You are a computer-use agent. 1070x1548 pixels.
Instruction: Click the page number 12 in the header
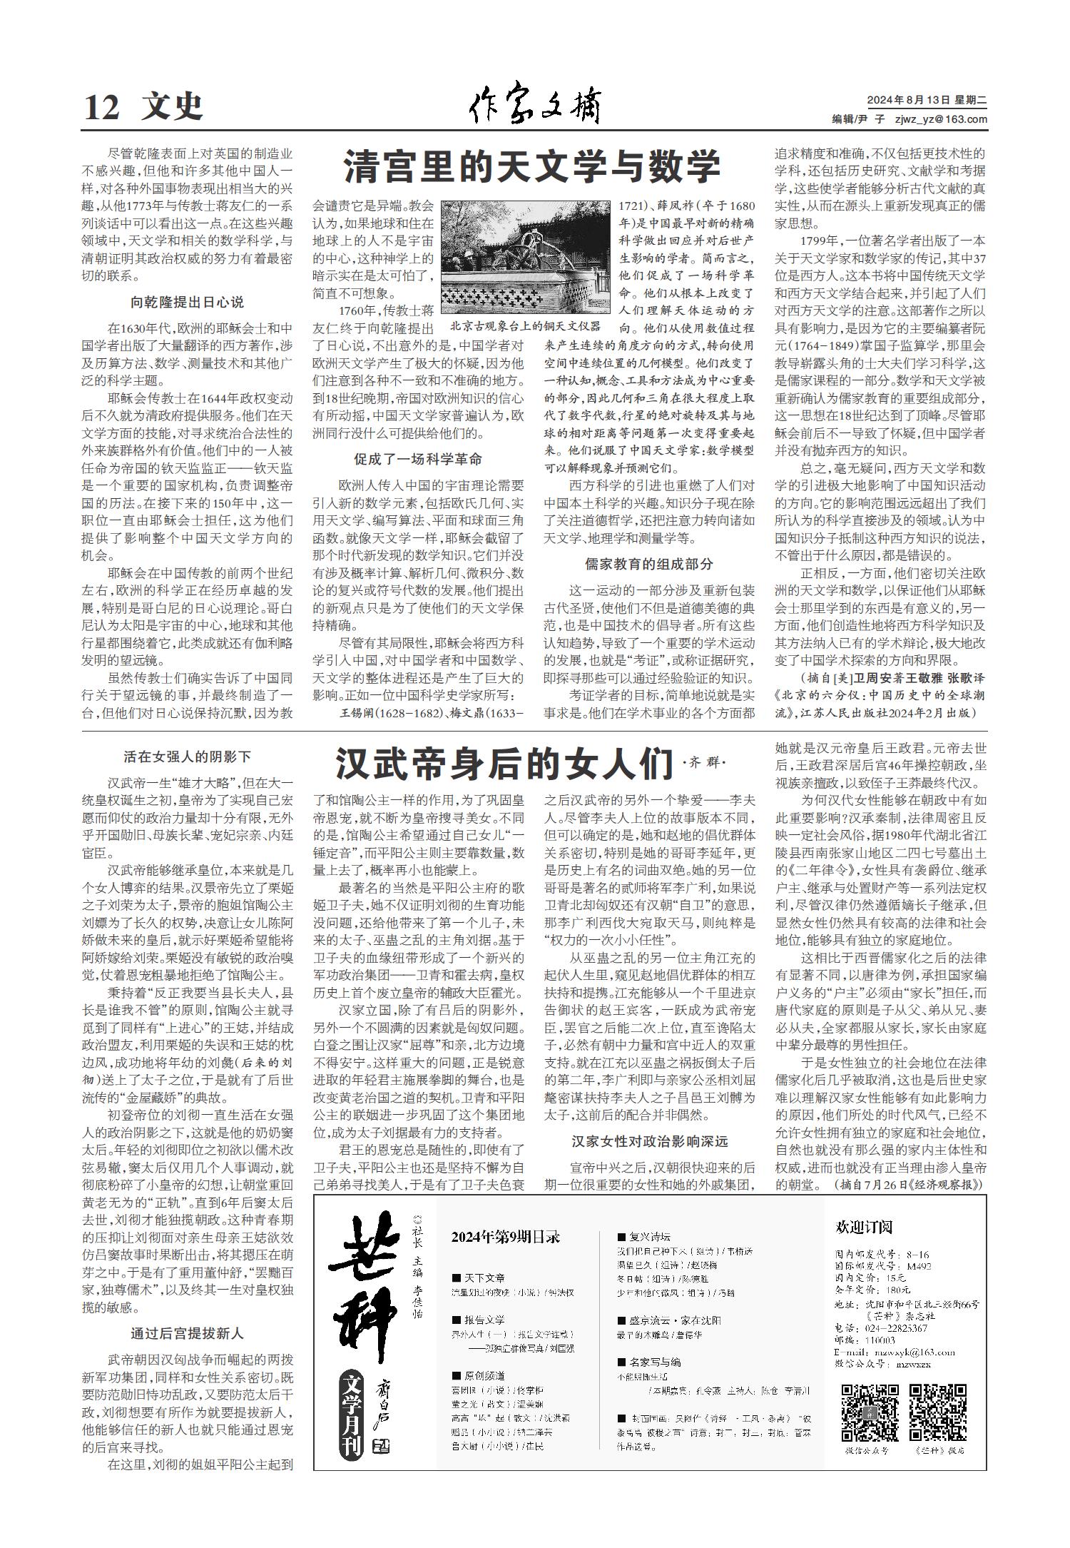(x=101, y=108)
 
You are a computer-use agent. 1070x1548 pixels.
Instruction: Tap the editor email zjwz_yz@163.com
(x=941, y=120)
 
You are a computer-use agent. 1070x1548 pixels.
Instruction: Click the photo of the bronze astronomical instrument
(x=526, y=258)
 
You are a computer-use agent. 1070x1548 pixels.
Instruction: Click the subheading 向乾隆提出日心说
(x=187, y=302)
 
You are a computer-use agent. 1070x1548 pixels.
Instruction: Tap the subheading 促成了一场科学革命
(x=418, y=459)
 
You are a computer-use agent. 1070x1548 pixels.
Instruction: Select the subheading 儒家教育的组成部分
(x=648, y=564)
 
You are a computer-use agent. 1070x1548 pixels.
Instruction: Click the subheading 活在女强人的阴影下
(x=187, y=757)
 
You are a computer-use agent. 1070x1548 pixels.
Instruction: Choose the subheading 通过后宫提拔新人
(x=187, y=1332)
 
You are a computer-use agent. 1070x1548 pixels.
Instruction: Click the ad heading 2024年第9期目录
(x=506, y=1237)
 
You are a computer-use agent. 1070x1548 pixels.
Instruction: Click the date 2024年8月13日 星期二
(x=927, y=101)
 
